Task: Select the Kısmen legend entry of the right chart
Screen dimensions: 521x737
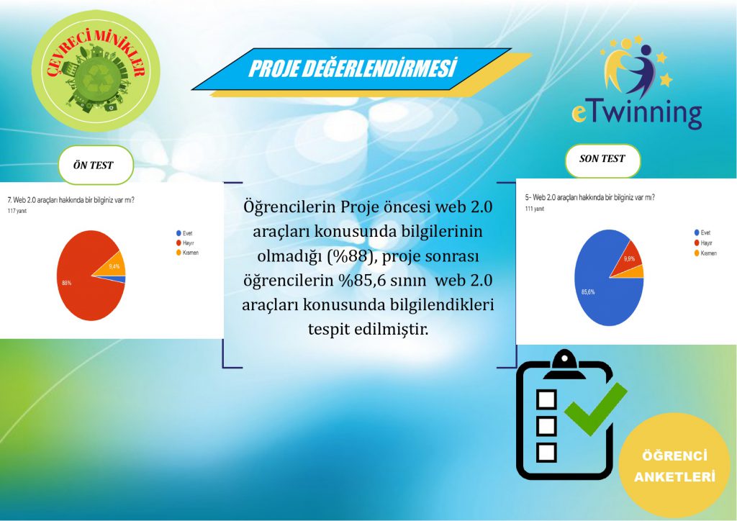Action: point(705,254)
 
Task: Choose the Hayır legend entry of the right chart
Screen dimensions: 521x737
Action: point(703,243)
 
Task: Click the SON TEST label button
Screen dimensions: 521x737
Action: point(602,159)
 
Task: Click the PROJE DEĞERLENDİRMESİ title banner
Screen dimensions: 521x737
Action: point(353,69)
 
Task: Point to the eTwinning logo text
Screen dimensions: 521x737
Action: point(636,114)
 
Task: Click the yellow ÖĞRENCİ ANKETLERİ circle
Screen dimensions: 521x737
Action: point(674,466)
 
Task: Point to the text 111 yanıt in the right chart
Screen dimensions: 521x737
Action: point(533,208)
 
